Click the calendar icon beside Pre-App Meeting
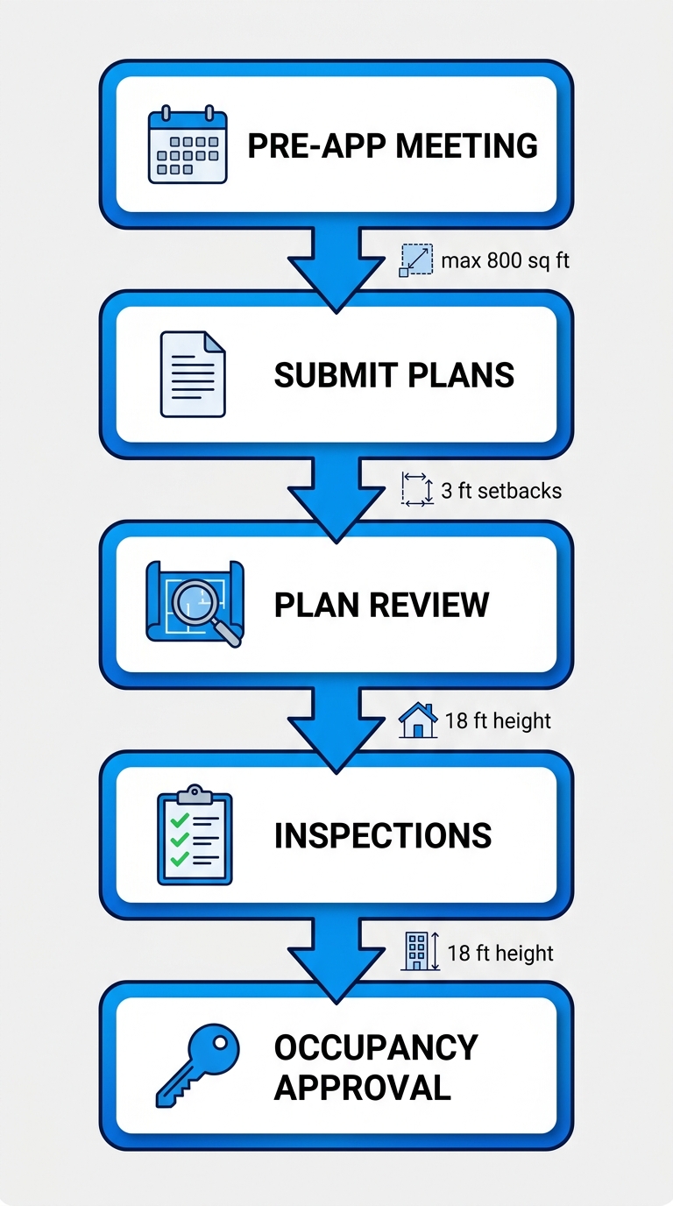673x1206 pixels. (188, 145)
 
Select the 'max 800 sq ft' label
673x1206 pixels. (505, 260)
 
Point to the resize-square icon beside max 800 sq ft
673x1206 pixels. (416, 260)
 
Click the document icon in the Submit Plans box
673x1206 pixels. (193, 374)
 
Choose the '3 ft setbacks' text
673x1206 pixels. (501, 490)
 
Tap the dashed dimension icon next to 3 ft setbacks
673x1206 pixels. (417, 489)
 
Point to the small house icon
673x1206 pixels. (418, 720)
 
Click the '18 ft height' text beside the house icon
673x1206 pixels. (498, 720)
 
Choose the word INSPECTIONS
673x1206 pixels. (383, 835)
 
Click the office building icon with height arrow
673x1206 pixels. (420, 952)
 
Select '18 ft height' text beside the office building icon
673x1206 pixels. (500, 953)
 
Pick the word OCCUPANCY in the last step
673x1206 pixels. (376, 1046)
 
